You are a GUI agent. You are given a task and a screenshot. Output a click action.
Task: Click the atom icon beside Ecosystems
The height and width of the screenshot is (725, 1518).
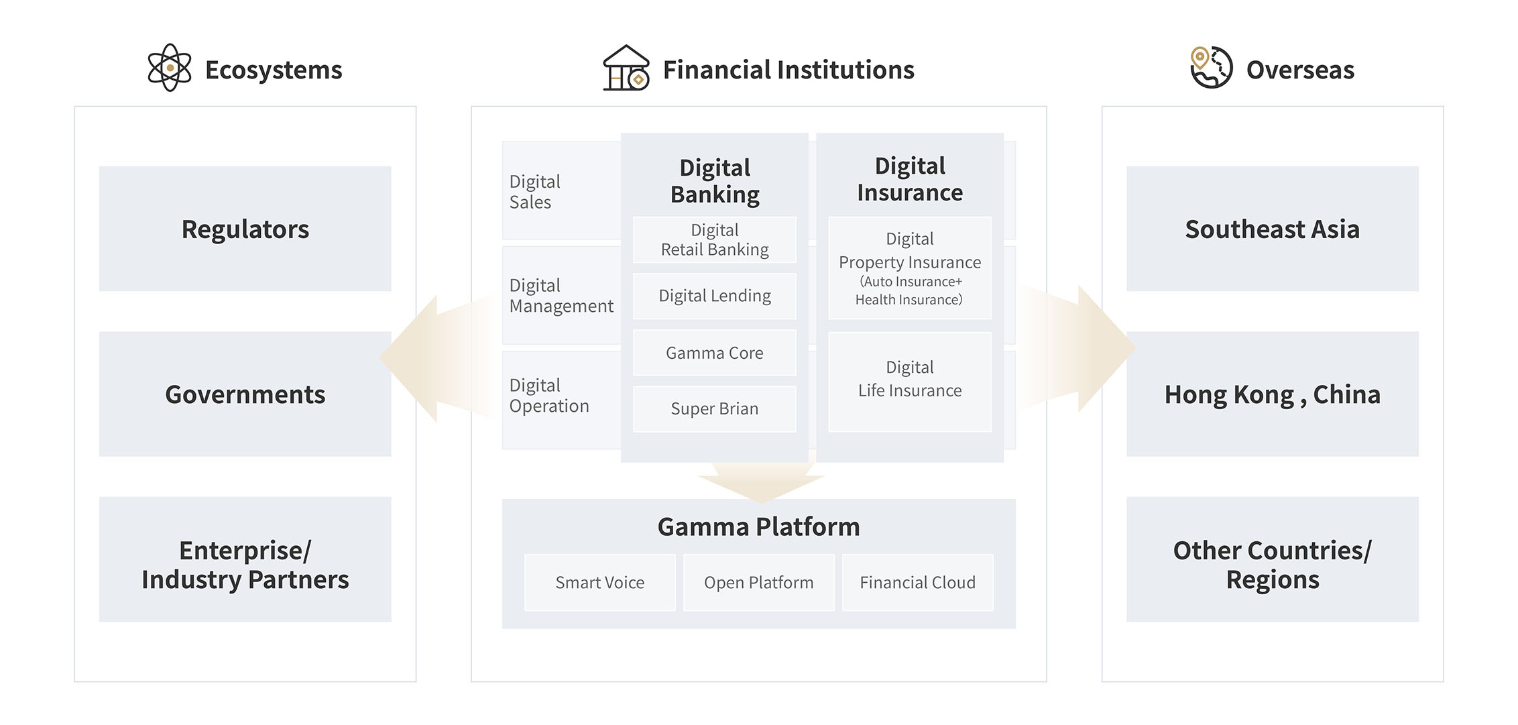click(x=170, y=68)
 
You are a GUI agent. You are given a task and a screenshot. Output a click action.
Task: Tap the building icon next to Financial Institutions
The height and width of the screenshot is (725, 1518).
click(x=626, y=68)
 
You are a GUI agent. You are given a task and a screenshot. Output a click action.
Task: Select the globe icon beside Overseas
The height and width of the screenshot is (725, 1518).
click(x=1211, y=68)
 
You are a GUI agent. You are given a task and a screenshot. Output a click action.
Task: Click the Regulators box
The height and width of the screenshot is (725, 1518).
click(x=245, y=229)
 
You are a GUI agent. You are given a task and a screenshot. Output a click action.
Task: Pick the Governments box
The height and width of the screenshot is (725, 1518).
click(x=245, y=394)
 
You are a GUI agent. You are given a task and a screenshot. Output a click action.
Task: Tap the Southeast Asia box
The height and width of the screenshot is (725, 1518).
click(x=1272, y=229)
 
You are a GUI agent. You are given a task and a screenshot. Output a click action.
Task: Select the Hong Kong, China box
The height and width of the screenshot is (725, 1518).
click(x=1272, y=394)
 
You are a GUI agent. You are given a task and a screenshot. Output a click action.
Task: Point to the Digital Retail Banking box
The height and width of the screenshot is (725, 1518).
click(x=714, y=239)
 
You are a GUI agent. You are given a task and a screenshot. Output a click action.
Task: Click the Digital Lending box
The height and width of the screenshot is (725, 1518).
click(x=714, y=296)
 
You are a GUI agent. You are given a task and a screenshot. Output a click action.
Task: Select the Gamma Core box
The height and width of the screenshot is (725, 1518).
click(x=714, y=353)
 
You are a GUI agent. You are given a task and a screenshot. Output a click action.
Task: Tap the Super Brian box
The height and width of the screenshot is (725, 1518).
click(x=714, y=408)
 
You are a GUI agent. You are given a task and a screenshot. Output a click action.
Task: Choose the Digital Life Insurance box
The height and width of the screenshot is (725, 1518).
click(x=910, y=380)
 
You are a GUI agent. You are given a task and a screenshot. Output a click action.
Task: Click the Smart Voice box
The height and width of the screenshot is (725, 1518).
click(x=599, y=582)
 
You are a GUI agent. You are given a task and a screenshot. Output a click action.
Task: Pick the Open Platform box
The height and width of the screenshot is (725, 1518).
click(x=758, y=582)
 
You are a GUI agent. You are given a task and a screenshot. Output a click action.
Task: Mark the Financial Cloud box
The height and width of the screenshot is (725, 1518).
click(x=917, y=582)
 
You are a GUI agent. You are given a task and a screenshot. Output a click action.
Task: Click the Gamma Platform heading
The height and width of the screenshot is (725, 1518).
click(x=758, y=527)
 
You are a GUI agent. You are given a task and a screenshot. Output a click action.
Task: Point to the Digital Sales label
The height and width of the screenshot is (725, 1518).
click(x=534, y=192)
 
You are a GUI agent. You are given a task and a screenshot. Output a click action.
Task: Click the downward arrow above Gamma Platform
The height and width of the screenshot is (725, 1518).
click(x=761, y=483)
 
